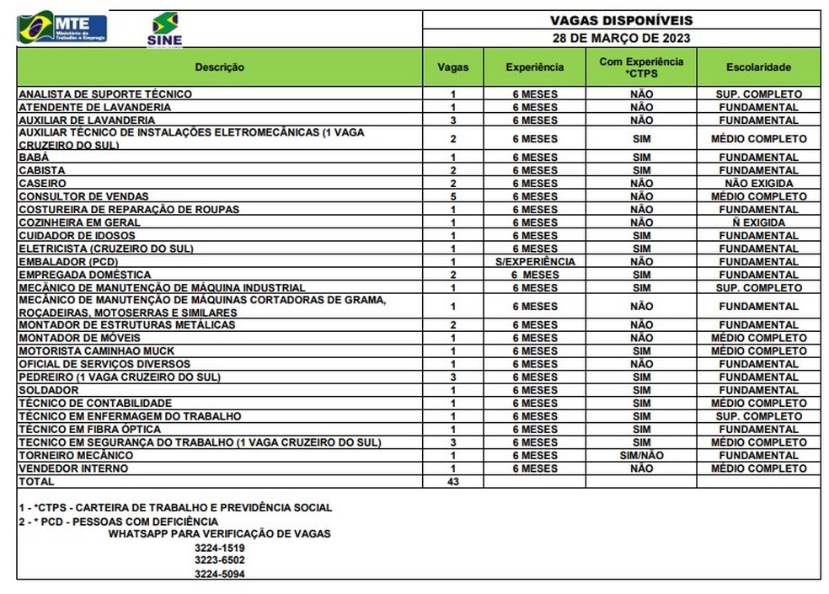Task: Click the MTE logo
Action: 62,27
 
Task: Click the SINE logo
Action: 164,29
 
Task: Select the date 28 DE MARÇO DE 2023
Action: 621,38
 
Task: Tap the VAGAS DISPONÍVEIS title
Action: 621,19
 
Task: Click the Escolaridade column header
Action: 758,67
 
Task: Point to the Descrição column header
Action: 219,67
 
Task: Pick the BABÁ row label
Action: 34,158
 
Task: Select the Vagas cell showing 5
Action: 453,196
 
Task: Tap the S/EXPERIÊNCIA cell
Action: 535,262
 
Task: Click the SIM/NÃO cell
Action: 641,456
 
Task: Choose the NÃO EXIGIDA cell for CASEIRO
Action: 758,184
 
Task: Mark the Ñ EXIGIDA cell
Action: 758,222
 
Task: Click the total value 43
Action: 453,482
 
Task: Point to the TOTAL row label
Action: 36,482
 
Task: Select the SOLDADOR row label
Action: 49,390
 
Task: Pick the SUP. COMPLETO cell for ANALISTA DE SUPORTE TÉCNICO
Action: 758,94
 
